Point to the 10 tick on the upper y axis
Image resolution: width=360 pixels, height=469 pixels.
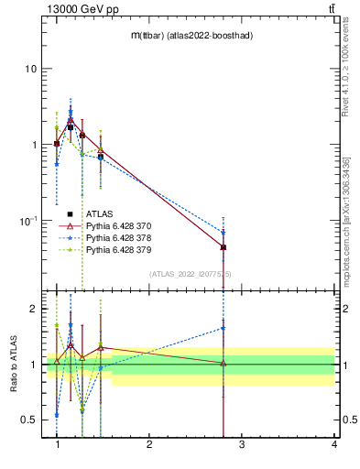(31, 69)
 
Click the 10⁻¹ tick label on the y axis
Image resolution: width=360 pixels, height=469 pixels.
(27, 221)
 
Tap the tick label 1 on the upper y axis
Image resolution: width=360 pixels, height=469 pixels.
(34, 145)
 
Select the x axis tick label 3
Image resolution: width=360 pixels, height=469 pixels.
(242, 445)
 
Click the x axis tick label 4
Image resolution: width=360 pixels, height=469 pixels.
(333, 445)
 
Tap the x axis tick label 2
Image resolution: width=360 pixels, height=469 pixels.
(149, 445)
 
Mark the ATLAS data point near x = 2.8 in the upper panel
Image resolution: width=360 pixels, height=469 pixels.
(224, 247)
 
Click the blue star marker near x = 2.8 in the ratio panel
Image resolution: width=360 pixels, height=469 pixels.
(224, 327)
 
